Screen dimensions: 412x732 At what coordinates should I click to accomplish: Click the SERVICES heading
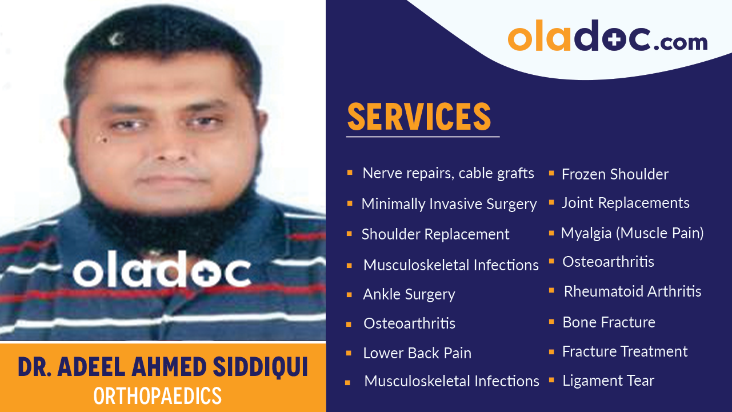click(x=419, y=117)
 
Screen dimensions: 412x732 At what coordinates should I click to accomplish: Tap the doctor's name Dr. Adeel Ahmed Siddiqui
click(x=163, y=367)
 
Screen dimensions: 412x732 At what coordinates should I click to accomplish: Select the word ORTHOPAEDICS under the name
click(x=157, y=396)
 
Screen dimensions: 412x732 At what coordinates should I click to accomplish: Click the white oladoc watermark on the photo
click(x=162, y=273)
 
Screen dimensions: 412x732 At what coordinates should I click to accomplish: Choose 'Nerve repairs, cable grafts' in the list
click(x=448, y=173)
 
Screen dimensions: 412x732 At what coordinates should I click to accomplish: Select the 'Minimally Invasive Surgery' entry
click(x=449, y=204)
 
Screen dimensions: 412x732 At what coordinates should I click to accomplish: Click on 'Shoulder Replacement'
click(x=435, y=234)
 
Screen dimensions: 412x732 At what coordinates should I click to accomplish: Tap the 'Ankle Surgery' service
click(x=409, y=294)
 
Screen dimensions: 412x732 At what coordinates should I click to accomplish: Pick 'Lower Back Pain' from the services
click(x=417, y=353)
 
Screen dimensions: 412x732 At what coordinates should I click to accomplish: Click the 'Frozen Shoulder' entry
click(x=615, y=174)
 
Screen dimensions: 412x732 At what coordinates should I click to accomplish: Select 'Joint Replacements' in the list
click(x=625, y=203)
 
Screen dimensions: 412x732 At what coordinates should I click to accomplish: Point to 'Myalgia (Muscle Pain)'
click(x=632, y=233)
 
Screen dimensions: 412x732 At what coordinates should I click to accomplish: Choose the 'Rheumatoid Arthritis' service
click(x=632, y=291)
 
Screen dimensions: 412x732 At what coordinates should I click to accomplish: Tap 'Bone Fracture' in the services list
click(x=609, y=322)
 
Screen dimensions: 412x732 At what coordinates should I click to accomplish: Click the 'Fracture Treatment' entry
click(x=625, y=351)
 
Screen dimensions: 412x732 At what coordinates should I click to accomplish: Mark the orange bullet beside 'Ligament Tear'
click(x=551, y=380)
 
